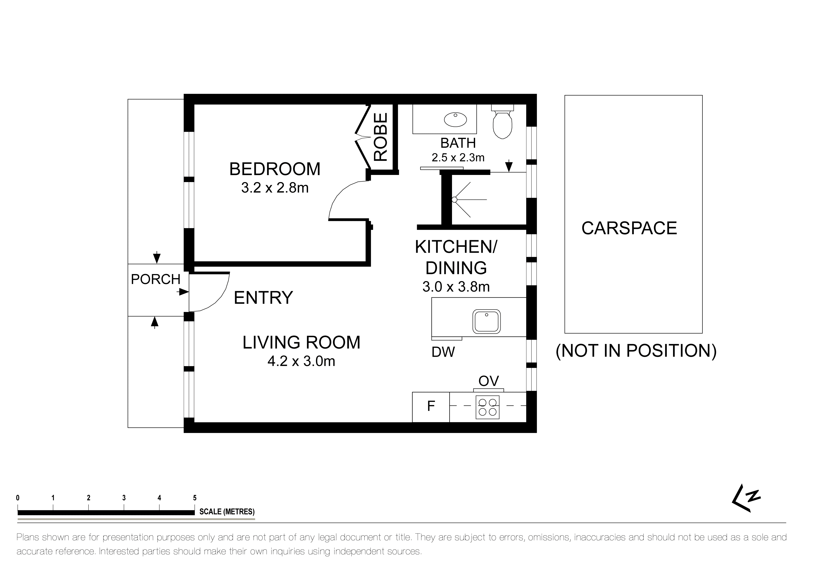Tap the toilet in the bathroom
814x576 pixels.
tap(503, 121)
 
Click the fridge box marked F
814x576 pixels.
tap(431, 407)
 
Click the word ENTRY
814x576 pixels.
tap(263, 298)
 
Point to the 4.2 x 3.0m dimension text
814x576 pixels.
tap(301, 361)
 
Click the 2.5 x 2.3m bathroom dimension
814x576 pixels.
tap(458, 157)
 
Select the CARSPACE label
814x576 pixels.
tap(629, 228)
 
